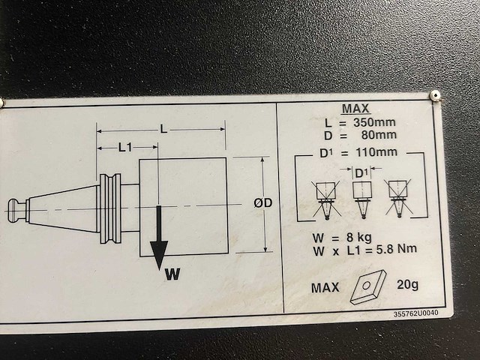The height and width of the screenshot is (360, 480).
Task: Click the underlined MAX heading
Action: tap(355, 108)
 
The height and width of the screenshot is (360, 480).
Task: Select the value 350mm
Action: tap(374, 122)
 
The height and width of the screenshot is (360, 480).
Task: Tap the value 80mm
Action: tap(379, 135)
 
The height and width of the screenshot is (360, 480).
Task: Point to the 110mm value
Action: tap(376, 151)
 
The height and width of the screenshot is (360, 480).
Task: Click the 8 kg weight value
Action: tap(359, 237)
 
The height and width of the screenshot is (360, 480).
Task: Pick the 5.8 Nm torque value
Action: tap(397, 249)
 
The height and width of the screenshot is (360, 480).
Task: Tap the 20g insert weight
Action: tap(407, 285)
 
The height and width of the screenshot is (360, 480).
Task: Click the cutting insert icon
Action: tap(367, 286)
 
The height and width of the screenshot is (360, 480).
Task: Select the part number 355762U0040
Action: tap(415, 313)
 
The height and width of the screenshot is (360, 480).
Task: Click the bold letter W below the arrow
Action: tap(172, 274)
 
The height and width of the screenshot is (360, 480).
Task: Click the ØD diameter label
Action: tap(263, 203)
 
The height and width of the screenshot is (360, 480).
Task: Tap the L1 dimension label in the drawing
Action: tap(125, 148)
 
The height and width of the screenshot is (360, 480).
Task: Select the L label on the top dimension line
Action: tap(164, 130)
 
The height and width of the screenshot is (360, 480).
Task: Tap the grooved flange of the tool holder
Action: tap(110, 208)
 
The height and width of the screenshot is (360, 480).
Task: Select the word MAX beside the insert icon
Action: tap(325, 288)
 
